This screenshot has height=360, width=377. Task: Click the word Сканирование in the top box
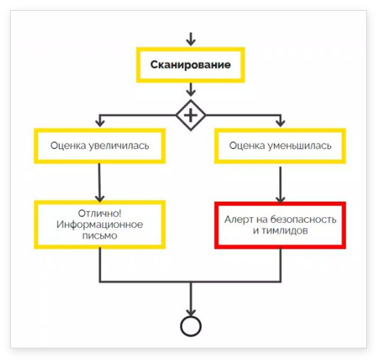[190, 65]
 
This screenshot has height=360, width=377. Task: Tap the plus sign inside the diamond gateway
[190, 115]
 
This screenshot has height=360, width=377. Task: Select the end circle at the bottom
[191, 326]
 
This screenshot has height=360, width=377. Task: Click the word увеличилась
[118, 146]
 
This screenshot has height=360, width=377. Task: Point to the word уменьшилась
[299, 146]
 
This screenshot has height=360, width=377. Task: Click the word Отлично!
[100, 213]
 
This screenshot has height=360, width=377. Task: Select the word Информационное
[100, 225]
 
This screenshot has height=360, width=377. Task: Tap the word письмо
[100, 236]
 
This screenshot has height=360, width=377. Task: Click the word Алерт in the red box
[239, 219]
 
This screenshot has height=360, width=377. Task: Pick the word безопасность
[303, 219]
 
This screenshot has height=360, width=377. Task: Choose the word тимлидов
[285, 231]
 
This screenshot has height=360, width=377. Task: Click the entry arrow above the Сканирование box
[191, 39]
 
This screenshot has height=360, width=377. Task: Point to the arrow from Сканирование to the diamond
[191, 89]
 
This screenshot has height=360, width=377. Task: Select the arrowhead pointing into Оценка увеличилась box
[100, 123]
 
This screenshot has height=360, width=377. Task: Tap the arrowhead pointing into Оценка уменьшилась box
[280, 123]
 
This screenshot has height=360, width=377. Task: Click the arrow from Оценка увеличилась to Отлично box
[100, 183]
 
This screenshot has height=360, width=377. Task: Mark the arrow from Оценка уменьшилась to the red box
[280, 185]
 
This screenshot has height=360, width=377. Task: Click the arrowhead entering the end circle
[191, 312]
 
